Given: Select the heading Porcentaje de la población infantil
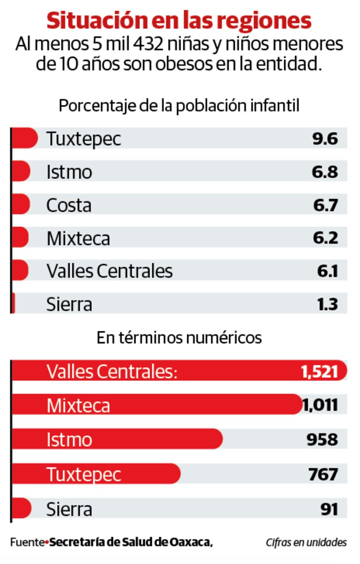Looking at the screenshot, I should click(x=179, y=106).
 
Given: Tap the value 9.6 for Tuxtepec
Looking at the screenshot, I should click(x=325, y=139).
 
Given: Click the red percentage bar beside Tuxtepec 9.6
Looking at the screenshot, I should click(x=24, y=139).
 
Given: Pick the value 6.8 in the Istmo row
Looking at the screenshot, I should click(x=325, y=172).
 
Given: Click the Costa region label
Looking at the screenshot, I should click(x=69, y=205).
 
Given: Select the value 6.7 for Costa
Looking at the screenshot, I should click(x=325, y=205).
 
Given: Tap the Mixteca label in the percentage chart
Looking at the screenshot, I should click(x=78, y=238).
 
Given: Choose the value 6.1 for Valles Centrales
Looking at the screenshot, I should click(x=327, y=271).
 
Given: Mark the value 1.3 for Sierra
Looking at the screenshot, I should click(x=327, y=304).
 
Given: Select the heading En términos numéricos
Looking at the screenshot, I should click(x=179, y=338).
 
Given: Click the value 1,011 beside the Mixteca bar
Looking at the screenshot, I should click(x=320, y=405).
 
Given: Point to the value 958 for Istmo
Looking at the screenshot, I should click(x=323, y=439).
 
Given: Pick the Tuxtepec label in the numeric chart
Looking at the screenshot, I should click(x=84, y=474).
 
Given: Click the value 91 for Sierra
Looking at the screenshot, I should click(x=329, y=508).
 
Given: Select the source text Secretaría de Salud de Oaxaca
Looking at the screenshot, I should click(x=131, y=542).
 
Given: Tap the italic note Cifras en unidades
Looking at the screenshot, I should click(x=306, y=542).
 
